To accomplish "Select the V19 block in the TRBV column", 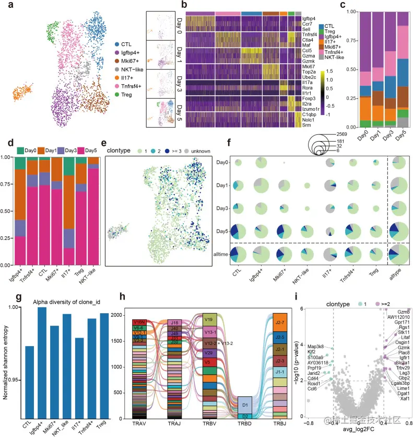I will tap(210, 319).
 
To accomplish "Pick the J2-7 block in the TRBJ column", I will tap(280, 321).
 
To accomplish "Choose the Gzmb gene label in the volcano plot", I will tap(404, 312).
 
